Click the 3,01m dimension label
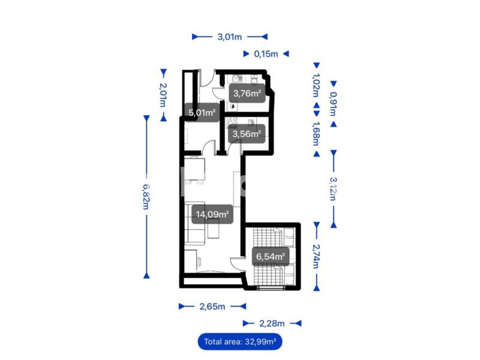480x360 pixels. click(230, 37)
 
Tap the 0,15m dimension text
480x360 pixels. click(266, 54)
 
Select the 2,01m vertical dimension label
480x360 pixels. click(163, 95)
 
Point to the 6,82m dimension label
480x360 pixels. click(146, 197)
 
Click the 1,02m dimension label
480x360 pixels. click(316, 85)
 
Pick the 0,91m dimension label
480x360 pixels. click(334, 104)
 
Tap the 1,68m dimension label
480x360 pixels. click(316, 133)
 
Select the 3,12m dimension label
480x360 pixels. click(334, 189)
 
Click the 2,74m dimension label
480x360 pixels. click(316, 256)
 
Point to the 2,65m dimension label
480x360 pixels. click(212, 307)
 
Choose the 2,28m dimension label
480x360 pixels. click(272, 323)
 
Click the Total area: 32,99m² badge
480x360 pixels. click(240, 341)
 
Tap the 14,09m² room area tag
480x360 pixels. click(212, 214)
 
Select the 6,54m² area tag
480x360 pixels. click(271, 256)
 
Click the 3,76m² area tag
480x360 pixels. click(247, 93)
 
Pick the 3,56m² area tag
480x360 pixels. click(247, 134)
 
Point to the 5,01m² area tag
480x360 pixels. click(202, 113)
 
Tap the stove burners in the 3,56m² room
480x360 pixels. click(232, 122)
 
